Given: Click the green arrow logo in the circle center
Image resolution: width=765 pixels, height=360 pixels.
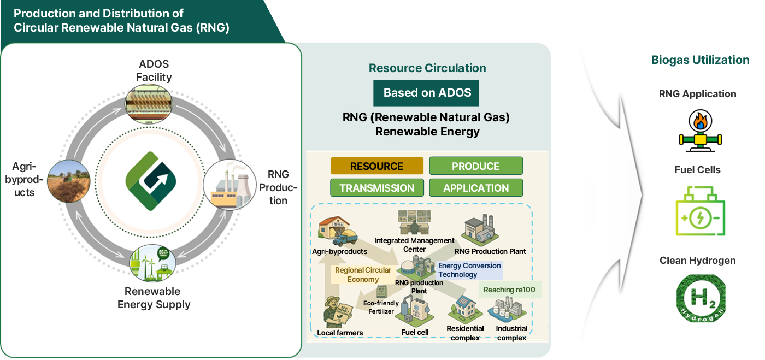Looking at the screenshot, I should pyautogui.click(x=151, y=181).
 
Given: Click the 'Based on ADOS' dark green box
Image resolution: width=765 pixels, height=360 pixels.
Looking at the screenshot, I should pyautogui.click(x=426, y=93).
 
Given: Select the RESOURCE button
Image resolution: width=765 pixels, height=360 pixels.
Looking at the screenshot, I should pyautogui.click(x=376, y=166).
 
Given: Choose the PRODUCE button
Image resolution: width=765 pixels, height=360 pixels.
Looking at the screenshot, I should pyautogui.click(x=475, y=166).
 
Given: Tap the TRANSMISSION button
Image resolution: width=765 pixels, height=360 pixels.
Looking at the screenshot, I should pyautogui.click(x=376, y=188).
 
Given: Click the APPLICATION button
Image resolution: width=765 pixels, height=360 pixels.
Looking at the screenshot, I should pyautogui.click(x=475, y=188).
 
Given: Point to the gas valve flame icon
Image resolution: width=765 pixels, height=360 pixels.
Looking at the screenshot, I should pyautogui.click(x=700, y=130).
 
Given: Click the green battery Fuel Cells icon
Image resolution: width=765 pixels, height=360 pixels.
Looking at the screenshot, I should pyautogui.click(x=700, y=210).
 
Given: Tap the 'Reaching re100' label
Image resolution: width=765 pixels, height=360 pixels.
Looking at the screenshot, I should pyautogui.click(x=509, y=290).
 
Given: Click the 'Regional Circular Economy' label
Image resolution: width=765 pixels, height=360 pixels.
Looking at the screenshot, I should pyautogui.click(x=363, y=274).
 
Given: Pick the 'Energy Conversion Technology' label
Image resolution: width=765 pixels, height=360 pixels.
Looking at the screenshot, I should pyautogui.click(x=469, y=270).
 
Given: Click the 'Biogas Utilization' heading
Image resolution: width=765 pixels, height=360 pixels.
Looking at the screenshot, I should pyautogui.click(x=700, y=60).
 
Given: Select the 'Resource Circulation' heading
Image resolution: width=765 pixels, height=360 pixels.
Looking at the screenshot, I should pyautogui.click(x=427, y=68).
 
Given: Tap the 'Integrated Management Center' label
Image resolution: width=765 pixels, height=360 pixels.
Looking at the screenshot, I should pyautogui.click(x=414, y=245).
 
